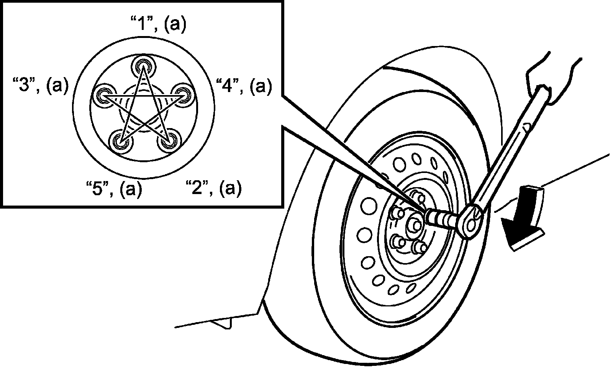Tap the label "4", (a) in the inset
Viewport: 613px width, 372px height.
coord(244,86)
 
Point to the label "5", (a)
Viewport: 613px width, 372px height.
coord(114,189)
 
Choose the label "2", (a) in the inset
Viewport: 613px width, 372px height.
coord(213,189)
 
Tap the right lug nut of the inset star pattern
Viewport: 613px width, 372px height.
coord(181,94)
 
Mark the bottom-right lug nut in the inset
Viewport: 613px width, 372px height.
coord(167,141)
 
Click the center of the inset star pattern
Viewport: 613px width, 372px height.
coord(143,111)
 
